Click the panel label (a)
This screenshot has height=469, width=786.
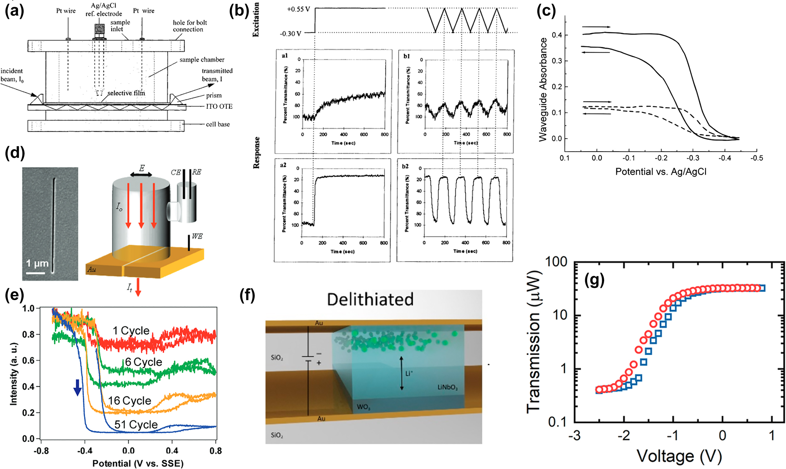(x=14, y=11)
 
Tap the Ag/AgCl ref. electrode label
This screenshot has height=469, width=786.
(x=104, y=10)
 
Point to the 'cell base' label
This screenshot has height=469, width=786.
(x=218, y=125)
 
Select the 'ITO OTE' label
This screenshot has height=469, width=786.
(x=219, y=106)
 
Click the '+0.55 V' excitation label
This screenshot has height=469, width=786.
(x=298, y=9)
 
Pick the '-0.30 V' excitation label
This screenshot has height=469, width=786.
(x=290, y=34)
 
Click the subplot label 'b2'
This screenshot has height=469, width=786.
(x=405, y=166)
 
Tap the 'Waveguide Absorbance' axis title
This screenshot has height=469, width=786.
(x=543, y=90)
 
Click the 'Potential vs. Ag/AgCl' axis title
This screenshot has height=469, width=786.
(x=661, y=172)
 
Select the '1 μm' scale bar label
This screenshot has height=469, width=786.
(x=37, y=263)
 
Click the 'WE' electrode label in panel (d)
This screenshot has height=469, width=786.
(x=197, y=236)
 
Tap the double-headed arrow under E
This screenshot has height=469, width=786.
(x=141, y=175)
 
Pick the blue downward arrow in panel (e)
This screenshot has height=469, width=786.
(x=78, y=387)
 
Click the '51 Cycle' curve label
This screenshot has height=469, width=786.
(x=136, y=425)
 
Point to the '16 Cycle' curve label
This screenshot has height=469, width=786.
(x=130, y=401)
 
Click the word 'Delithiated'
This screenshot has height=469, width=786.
(x=370, y=300)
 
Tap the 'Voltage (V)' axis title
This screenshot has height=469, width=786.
(x=679, y=456)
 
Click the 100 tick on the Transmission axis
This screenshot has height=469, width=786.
(x=556, y=262)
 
